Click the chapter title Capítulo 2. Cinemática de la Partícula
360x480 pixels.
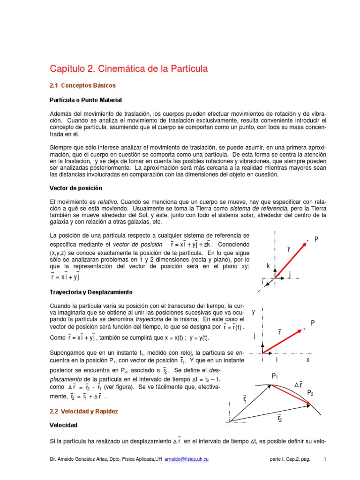point(128,69)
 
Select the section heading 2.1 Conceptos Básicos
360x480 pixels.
point(82,86)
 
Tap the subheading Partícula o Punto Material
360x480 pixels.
point(86,100)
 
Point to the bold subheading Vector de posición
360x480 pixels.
point(76,188)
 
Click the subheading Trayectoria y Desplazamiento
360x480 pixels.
point(91,292)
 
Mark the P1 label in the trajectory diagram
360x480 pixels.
point(275,376)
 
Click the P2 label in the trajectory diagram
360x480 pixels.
point(310,392)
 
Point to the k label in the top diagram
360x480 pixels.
point(268,266)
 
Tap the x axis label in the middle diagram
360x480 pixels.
point(308,360)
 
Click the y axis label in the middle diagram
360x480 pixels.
point(254,311)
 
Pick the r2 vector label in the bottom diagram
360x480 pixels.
point(279,417)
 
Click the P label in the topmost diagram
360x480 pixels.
point(316,240)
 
